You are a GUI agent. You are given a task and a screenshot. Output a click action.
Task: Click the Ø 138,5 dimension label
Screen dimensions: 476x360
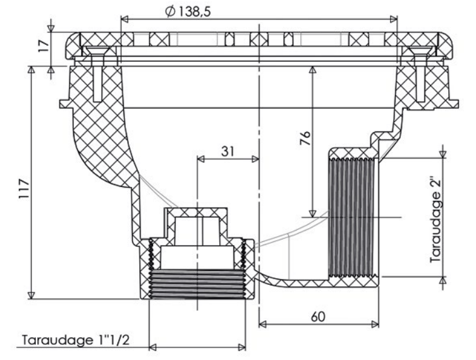[188, 11]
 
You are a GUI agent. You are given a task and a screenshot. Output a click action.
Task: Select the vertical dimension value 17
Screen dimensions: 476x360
[44, 45]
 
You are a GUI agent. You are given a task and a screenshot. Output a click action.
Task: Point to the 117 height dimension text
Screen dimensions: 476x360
[24, 189]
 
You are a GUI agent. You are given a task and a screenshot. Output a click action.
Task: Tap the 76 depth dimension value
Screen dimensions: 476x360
[305, 138]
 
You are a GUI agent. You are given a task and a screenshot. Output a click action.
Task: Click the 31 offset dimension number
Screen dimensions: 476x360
[228, 151]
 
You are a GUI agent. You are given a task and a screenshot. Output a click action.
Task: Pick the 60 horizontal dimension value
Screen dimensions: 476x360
[318, 317]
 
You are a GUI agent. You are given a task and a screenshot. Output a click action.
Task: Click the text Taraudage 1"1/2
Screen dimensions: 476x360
[76, 340]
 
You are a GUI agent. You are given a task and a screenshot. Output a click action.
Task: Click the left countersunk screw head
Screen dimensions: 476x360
[94, 50]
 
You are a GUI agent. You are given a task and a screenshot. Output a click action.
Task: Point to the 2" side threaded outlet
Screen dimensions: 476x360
[353, 217]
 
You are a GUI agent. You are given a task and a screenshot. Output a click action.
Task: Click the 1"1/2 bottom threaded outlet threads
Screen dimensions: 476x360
[198, 284]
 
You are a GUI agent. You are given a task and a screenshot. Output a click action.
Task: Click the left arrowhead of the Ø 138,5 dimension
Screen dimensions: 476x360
[125, 20]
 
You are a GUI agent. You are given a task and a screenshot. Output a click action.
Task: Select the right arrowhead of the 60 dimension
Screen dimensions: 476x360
[375, 325]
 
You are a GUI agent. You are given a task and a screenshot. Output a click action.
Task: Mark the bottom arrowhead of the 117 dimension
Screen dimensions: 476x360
[31, 295]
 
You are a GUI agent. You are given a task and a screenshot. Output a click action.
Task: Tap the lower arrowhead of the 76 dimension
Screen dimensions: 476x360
[312, 214]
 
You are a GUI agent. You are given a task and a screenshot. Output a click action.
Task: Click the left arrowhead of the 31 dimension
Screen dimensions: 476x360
[201, 159]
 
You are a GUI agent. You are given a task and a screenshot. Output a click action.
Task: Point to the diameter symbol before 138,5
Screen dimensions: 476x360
[170, 11]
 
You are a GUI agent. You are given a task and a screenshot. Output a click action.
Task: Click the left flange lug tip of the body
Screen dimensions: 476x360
[61, 104]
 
